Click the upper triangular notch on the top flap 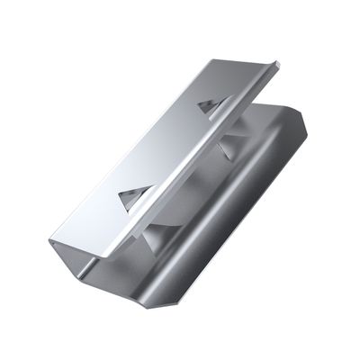[206, 105]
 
